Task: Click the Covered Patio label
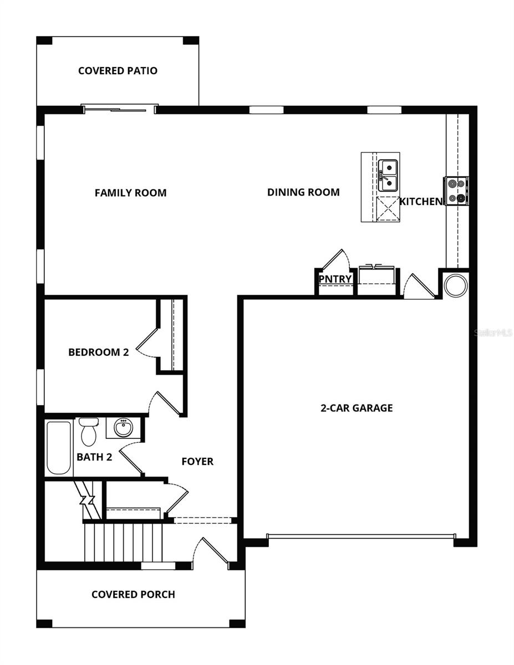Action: pyautogui.click(x=118, y=71)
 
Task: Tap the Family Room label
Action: pyautogui.click(x=130, y=193)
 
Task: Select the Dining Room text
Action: pyautogui.click(x=303, y=192)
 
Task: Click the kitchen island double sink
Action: pyautogui.click(x=388, y=175)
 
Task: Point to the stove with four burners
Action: pyautogui.click(x=456, y=190)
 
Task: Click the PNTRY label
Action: pyautogui.click(x=335, y=279)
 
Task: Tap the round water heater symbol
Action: pyautogui.click(x=456, y=285)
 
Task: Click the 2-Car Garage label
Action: pyautogui.click(x=357, y=408)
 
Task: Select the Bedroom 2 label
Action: pyautogui.click(x=99, y=352)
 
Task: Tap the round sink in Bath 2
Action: pyautogui.click(x=124, y=428)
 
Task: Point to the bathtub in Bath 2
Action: pyautogui.click(x=59, y=448)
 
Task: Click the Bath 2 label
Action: pyautogui.click(x=94, y=457)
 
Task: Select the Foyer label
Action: pyautogui.click(x=197, y=462)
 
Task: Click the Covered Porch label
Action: pyautogui.click(x=133, y=595)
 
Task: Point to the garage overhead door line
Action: pyautogui.click(x=360, y=536)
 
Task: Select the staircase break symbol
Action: pyautogui.click(x=87, y=500)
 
